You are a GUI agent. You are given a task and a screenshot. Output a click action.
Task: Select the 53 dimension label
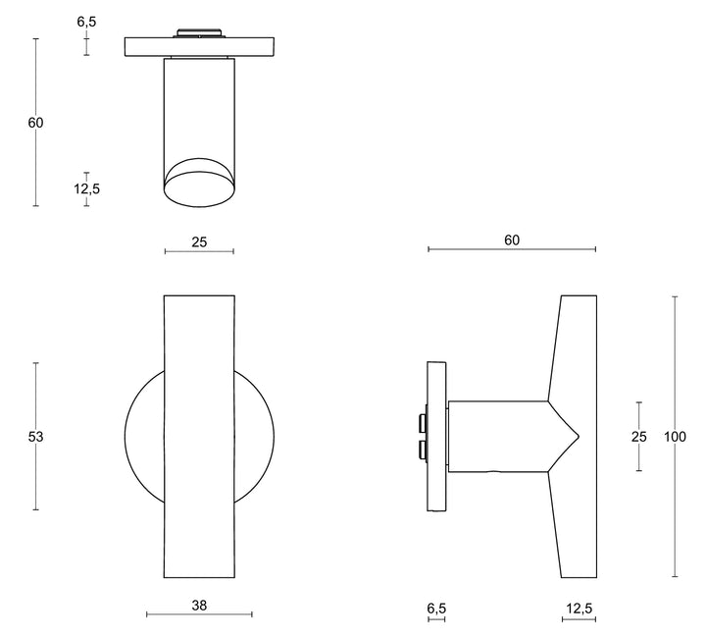click(x=36, y=437)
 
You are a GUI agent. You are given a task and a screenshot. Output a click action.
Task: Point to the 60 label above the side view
click(x=511, y=239)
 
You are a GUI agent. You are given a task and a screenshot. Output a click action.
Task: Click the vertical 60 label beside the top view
click(x=36, y=123)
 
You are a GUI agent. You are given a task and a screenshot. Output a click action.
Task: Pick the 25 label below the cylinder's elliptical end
click(x=199, y=240)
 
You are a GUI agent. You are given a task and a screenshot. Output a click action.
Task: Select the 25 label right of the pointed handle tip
click(x=639, y=437)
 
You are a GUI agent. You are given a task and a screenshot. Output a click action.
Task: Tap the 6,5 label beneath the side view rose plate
click(x=436, y=609)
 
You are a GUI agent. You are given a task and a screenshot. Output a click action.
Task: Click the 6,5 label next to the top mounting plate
click(x=87, y=21)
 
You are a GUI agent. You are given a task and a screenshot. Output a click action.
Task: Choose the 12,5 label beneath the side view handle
click(x=579, y=609)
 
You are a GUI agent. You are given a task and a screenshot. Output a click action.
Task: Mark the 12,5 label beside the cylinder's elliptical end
click(x=87, y=188)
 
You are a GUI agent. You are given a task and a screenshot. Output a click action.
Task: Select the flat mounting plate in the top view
click(x=199, y=47)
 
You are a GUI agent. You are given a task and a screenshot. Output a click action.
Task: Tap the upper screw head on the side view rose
click(x=422, y=423)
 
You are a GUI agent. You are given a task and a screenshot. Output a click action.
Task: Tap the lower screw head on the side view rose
click(x=422, y=450)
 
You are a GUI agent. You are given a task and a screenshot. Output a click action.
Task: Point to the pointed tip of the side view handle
click(x=578, y=436)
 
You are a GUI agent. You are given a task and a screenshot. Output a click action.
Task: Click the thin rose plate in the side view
click(x=437, y=437)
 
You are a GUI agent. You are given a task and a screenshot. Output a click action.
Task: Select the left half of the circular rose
click(x=145, y=437)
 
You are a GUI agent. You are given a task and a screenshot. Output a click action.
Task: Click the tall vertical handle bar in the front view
click(x=199, y=437)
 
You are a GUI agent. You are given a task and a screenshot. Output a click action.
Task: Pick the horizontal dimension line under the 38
click(x=199, y=615)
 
